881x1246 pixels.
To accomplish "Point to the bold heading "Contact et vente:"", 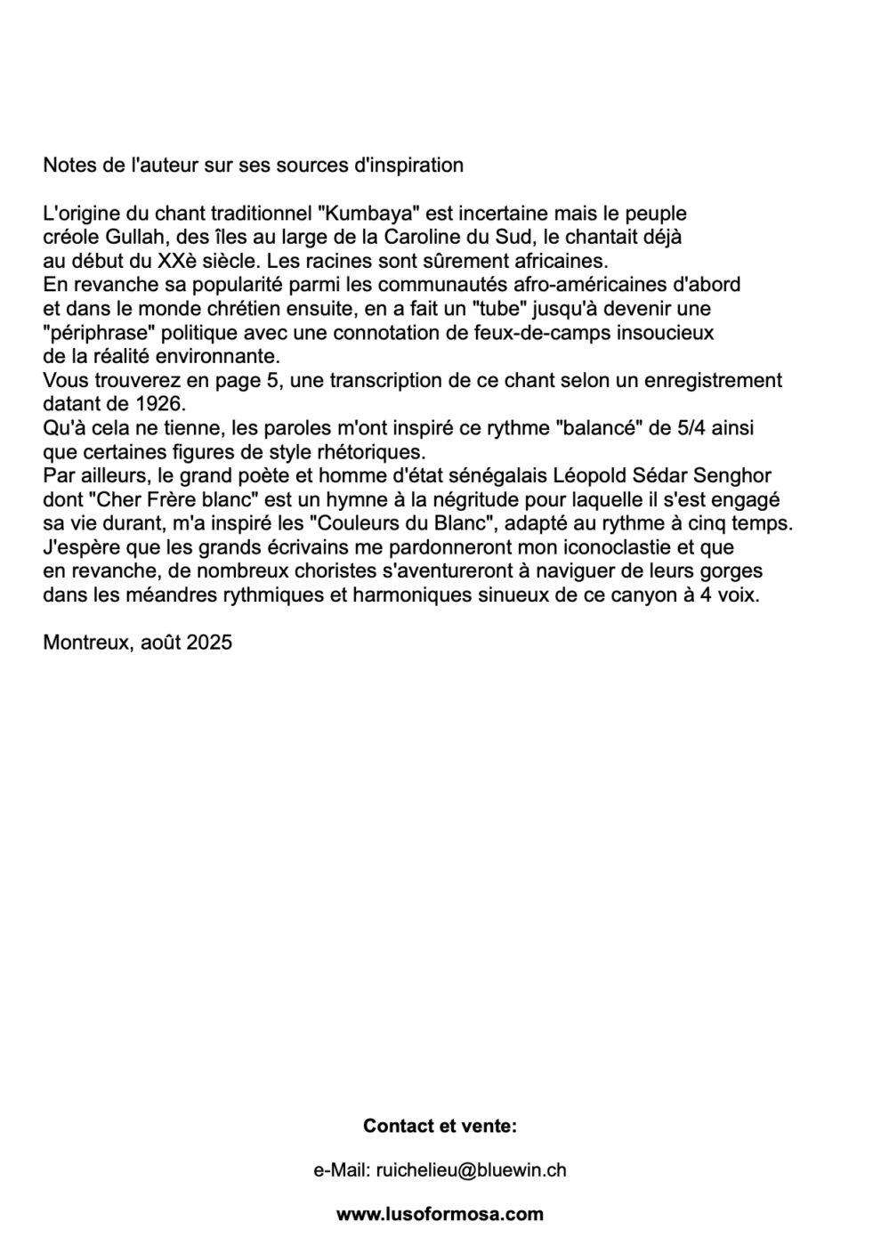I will pos(440,1126).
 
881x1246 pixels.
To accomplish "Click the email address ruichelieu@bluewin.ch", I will pos(471,1170).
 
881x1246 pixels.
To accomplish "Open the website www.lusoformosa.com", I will pos(440,1214).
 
